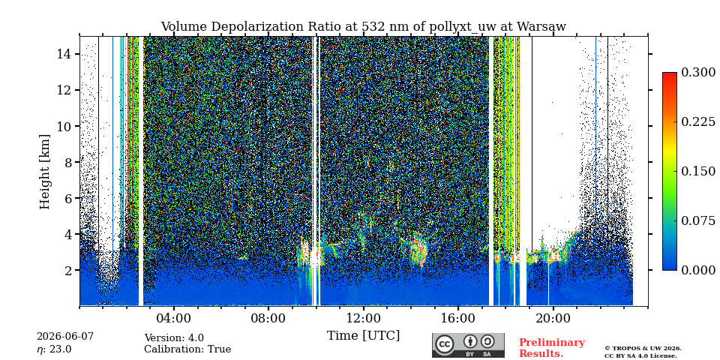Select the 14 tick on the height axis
tap(64, 54)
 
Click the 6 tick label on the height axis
tap(68, 198)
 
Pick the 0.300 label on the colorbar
tap(698, 73)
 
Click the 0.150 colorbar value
tap(698, 171)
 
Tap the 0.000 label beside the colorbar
tap(698, 270)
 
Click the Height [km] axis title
tap(44, 172)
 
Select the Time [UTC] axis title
tap(363, 336)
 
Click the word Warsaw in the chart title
tap(541, 27)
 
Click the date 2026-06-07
tap(65, 337)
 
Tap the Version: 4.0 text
tap(174, 338)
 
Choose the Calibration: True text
tap(187, 349)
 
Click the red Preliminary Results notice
tap(552, 348)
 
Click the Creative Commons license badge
tap(468, 345)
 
